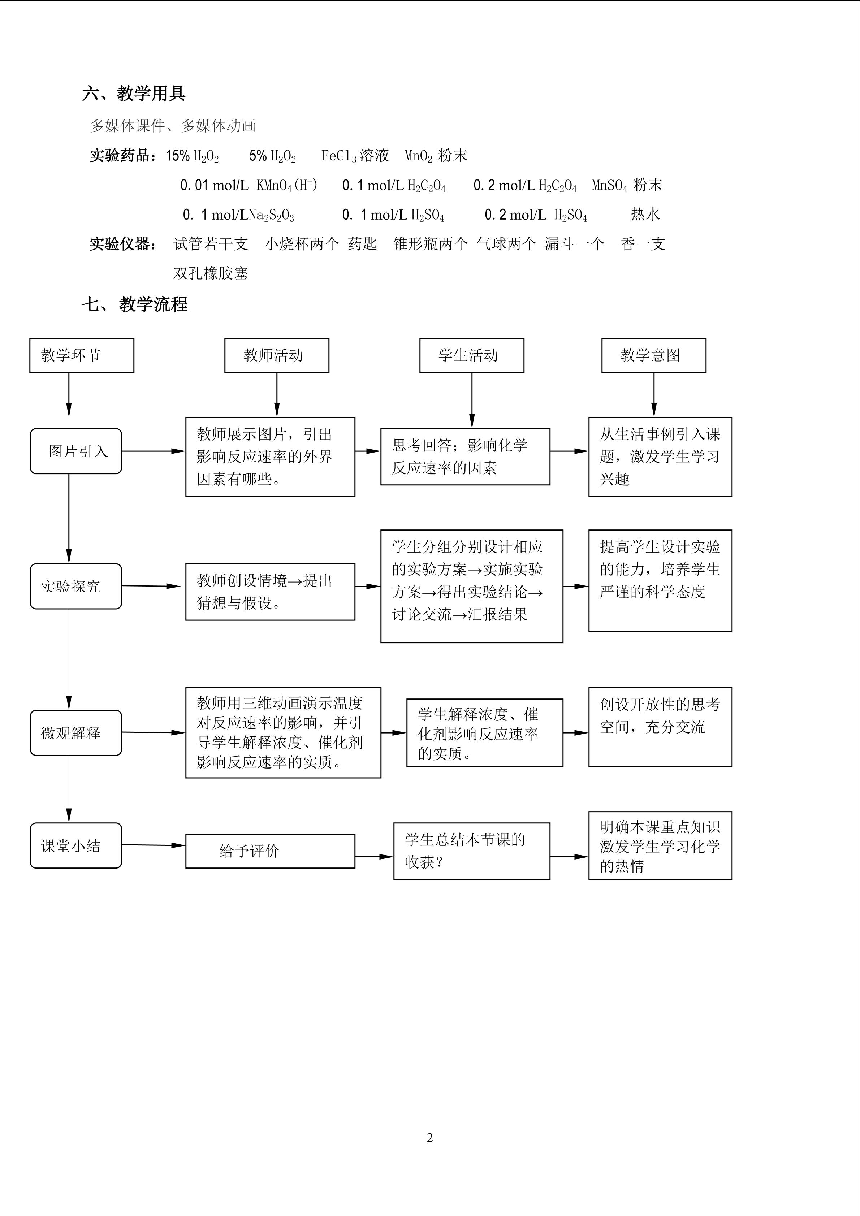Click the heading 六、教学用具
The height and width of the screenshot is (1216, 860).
pos(133,94)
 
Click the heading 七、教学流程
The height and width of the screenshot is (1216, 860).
pos(135,304)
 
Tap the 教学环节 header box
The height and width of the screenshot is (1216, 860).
pos(82,355)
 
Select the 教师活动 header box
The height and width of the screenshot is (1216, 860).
pos(276,355)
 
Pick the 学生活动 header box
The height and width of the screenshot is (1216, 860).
pos(471,355)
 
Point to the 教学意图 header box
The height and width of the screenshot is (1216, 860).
pos(653,355)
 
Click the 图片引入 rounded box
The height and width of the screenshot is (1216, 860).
pos(76,451)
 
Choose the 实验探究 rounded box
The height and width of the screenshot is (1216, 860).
pos(76,586)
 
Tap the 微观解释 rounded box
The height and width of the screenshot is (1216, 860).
pos(76,733)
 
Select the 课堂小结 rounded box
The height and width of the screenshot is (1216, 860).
pos(76,846)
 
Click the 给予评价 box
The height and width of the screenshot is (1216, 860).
pos(270,851)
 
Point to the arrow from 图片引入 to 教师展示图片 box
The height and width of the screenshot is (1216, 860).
pos(153,451)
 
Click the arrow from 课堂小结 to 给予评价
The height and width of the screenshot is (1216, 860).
pos(153,845)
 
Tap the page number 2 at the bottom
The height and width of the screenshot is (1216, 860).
pos(429,1138)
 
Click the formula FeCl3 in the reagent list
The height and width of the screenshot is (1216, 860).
pos(339,156)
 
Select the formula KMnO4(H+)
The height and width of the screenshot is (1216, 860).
pos(286,185)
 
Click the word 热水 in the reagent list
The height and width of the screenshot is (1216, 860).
pos(645,215)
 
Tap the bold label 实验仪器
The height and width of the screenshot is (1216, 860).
pos(122,244)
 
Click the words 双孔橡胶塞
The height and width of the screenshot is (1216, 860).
pos(211,273)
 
